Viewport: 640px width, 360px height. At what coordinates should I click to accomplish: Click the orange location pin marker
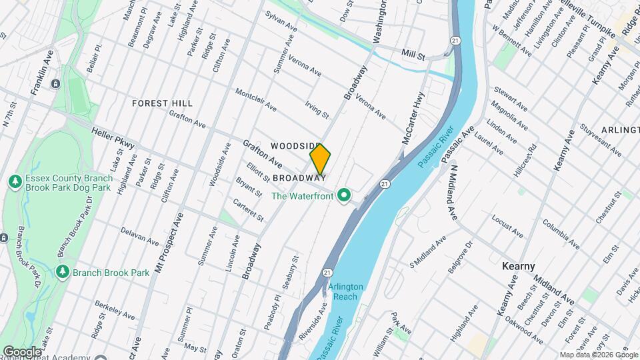tap(320, 159)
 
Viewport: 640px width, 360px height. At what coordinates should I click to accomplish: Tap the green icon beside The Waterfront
tap(344, 195)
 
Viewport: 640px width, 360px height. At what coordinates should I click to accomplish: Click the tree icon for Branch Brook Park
tap(63, 272)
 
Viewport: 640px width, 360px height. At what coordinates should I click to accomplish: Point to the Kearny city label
tap(518, 266)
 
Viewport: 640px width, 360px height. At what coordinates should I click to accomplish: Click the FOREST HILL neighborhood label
tap(162, 103)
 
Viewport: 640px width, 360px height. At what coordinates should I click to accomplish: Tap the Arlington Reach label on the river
tap(346, 291)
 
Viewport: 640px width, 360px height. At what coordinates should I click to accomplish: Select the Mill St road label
tap(413, 55)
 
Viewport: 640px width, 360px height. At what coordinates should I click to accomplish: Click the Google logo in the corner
tap(22, 351)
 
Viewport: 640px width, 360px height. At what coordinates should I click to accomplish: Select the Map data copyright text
tap(598, 355)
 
